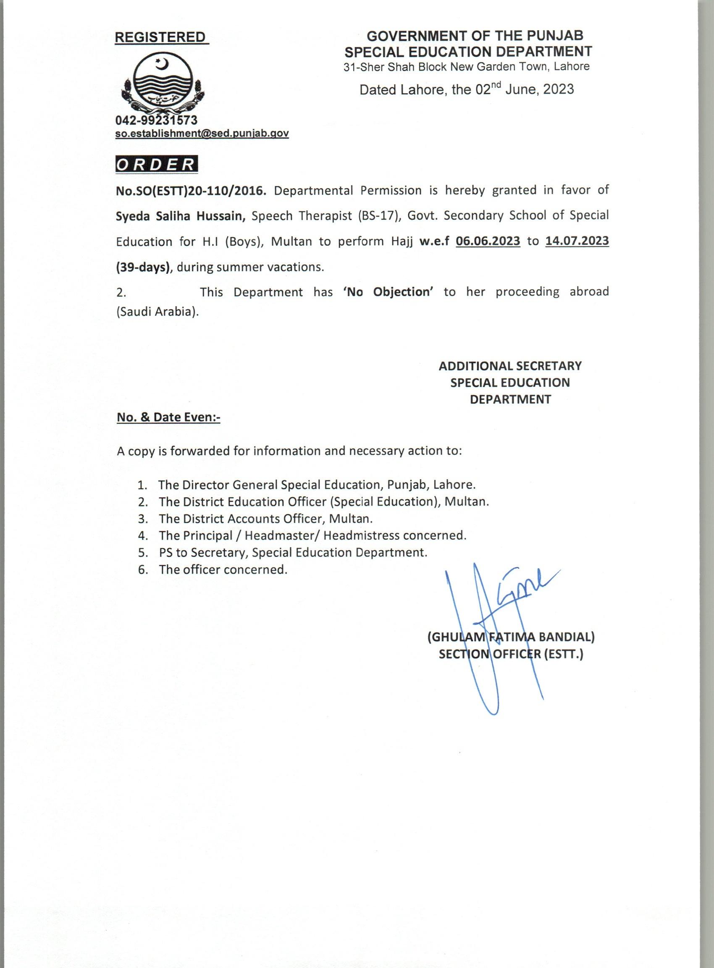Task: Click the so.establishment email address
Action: coord(202,134)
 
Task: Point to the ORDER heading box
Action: coord(157,165)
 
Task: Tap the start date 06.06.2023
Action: coord(488,241)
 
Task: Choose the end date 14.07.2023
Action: coord(577,241)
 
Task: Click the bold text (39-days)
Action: coord(143,267)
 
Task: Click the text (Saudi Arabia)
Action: coord(158,312)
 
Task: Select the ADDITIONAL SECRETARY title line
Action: coord(510,366)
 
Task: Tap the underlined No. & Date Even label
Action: coord(168,417)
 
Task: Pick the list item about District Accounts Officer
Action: coord(265,518)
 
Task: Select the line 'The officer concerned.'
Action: coord(223,569)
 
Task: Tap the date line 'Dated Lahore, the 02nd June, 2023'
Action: coord(467,89)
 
